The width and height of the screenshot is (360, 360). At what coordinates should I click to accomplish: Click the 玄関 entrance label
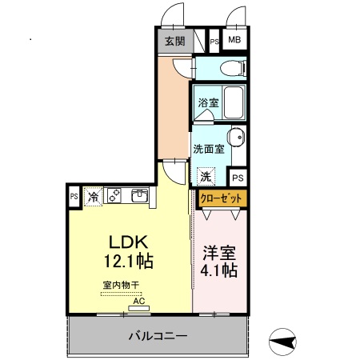coord(174,41)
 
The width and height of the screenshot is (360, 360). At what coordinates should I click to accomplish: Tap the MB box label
coord(235,40)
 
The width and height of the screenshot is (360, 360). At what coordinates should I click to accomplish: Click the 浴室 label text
coord(207,102)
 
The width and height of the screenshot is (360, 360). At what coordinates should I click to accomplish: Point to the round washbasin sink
coord(238,136)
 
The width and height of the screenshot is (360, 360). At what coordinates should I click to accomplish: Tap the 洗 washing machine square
coord(206,176)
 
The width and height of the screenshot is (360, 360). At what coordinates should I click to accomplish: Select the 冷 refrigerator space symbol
coord(94,195)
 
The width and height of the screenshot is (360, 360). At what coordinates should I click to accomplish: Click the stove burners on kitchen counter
coord(114,194)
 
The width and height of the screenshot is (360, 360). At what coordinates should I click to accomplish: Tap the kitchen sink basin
coord(138,194)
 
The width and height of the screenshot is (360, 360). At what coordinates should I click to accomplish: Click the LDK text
coord(126,242)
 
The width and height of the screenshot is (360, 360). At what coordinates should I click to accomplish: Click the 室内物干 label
coord(121,285)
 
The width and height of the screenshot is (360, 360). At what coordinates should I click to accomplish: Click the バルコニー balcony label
coord(158,335)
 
